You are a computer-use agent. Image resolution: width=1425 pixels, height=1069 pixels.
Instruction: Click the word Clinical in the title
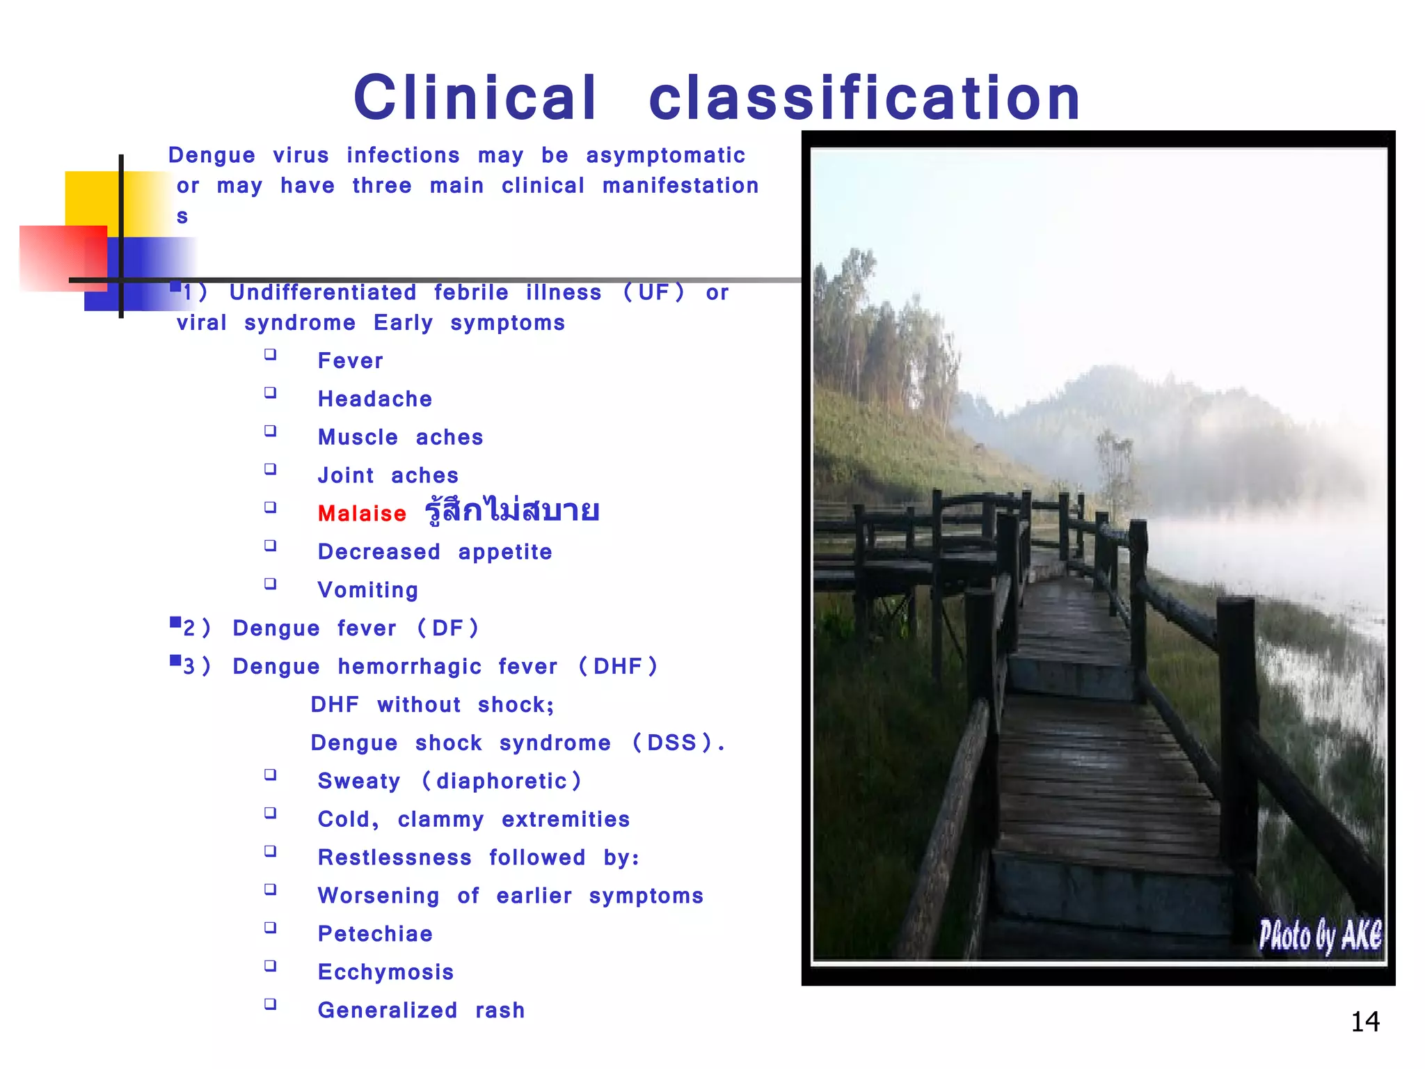coord(475,98)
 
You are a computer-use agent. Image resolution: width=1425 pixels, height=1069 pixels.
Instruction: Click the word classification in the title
coord(865,98)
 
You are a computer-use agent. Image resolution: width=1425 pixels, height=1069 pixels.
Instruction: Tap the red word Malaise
coord(362,514)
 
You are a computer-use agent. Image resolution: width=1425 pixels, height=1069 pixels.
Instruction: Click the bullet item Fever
coord(350,361)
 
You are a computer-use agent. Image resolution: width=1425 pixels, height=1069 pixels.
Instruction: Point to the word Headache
coord(375,399)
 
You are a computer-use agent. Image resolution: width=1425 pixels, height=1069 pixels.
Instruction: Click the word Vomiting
coord(368,590)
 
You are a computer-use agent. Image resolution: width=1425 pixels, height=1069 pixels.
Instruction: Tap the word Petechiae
coord(375,934)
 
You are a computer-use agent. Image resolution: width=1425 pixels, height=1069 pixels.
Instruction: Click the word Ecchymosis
coord(385,972)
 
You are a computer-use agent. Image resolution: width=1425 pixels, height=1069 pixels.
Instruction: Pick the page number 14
coord(1364,1022)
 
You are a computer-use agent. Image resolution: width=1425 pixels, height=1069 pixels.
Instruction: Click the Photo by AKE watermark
coord(1319,935)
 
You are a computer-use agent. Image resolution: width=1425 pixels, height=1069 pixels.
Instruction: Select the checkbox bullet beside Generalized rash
coord(271,1004)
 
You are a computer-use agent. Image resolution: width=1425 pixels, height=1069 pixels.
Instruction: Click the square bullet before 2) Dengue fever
coord(175,622)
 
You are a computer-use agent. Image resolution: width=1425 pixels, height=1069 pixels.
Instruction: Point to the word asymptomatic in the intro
coord(665,155)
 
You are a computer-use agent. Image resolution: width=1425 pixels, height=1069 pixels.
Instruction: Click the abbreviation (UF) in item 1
coord(653,292)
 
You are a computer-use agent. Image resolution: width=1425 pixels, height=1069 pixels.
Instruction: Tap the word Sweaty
coord(359,782)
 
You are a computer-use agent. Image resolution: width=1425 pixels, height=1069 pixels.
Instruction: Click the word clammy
coord(440,820)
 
